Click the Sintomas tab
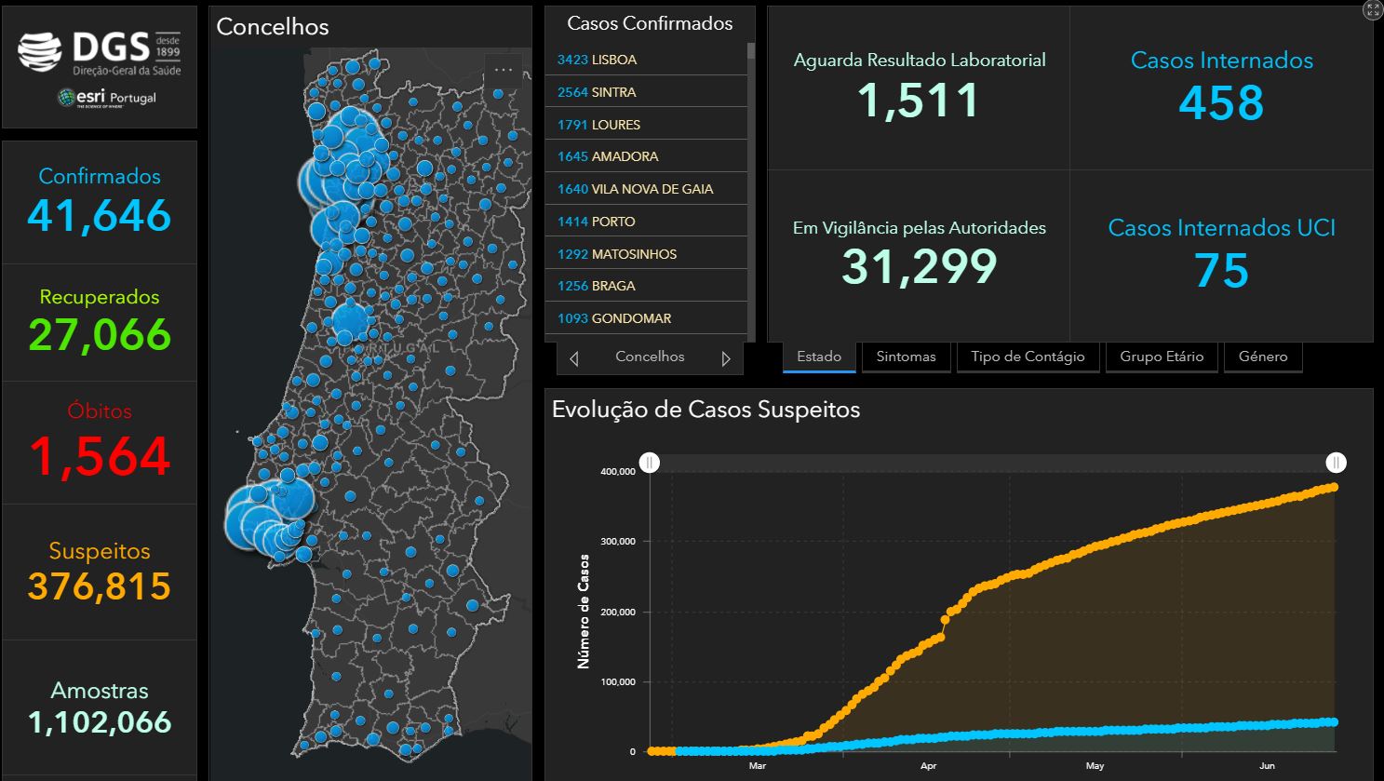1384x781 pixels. click(x=906, y=357)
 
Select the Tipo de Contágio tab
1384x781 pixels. click(x=1028, y=357)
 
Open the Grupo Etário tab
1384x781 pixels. click(x=1162, y=357)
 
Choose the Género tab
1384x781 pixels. click(x=1263, y=357)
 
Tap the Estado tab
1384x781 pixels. click(x=819, y=357)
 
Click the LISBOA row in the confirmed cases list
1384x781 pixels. click(x=646, y=60)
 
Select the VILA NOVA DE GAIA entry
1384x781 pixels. click(x=646, y=188)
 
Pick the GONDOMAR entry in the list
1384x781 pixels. click(x=646, y=318)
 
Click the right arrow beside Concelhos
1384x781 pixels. click(x=726, y=358)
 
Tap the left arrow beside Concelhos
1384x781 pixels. click(x=574, y=358)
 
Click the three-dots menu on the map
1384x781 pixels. click(x=504, y=70)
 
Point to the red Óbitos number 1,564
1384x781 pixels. click(x=100, y=457)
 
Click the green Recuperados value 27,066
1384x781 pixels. click(x=100, y=334)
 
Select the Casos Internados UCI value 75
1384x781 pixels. click(x=1221, y=270)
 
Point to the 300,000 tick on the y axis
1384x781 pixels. click(x=618, y=541)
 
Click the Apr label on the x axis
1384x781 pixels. click(x=929, y=765)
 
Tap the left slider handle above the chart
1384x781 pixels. click(x=650, y=463)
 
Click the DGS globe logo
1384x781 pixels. click(x=39, y=51)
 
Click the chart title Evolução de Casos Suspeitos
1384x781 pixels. click(x=705, y=410)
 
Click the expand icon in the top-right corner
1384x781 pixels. click(x=1373, y=10)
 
